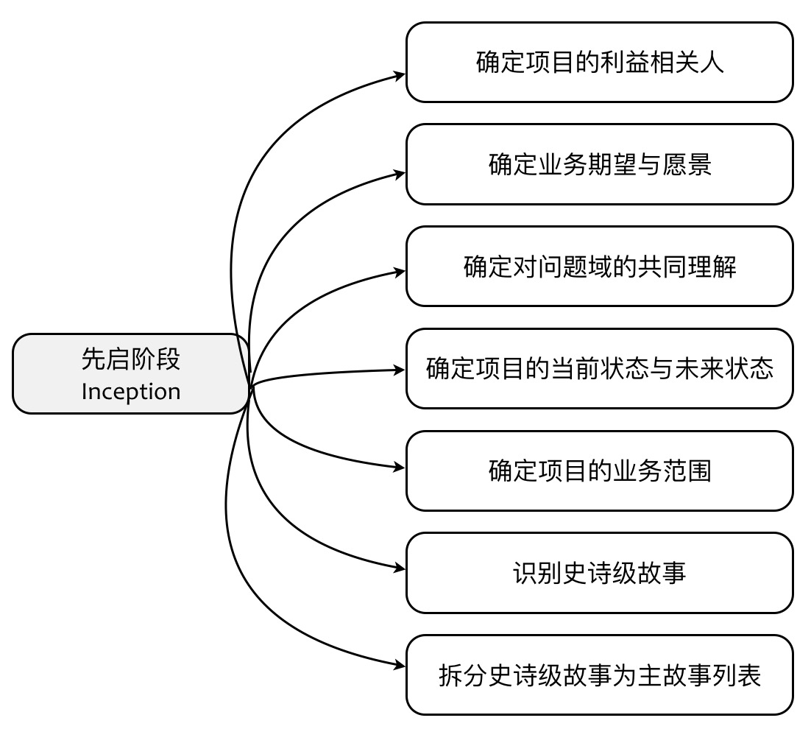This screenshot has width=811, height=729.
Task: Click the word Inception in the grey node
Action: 131,392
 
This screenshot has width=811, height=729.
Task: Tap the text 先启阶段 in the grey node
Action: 131,359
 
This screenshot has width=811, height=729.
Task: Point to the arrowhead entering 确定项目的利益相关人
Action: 400,74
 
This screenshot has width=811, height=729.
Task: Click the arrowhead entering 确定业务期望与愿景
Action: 400,175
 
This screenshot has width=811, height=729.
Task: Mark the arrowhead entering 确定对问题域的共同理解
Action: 400,272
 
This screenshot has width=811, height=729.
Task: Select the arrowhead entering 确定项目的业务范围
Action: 400,467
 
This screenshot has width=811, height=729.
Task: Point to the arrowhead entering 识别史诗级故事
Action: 400,568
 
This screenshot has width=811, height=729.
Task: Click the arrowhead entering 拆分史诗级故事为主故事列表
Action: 400,665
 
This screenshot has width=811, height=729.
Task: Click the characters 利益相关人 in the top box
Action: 662,63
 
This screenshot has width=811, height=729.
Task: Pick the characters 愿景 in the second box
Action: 688,164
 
